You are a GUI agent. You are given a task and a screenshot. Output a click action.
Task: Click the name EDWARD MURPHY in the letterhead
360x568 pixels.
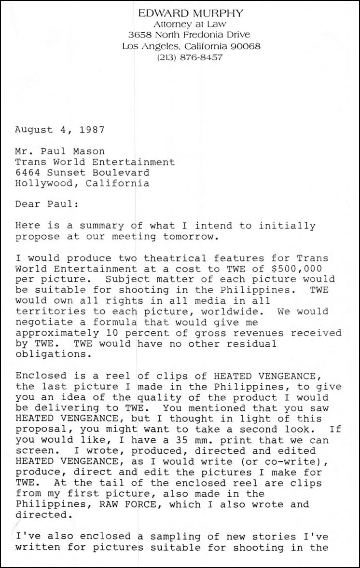(191, 13)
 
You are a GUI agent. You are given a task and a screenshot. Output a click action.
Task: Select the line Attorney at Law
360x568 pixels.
(191, 24)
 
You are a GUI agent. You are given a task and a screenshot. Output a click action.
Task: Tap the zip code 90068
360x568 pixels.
(245, 46)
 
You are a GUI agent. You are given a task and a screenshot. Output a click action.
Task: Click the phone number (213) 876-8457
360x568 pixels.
(190, 57)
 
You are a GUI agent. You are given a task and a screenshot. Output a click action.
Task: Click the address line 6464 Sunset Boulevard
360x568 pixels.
(82, 173)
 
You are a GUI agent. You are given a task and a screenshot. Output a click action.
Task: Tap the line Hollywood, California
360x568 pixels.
(82, 183)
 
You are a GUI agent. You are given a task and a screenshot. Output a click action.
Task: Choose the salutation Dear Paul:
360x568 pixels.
(46, 204)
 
